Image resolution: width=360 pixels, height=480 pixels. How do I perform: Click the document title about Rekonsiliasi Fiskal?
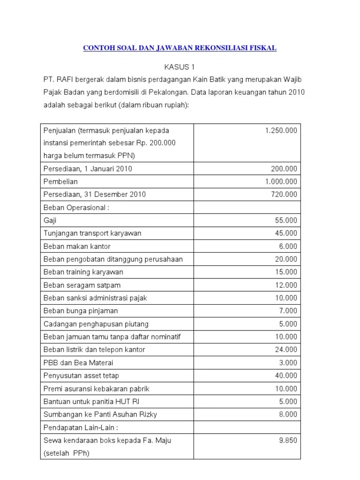180,48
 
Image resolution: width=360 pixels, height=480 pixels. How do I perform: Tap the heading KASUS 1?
180,67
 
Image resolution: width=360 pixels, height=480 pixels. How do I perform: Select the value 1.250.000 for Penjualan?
281,130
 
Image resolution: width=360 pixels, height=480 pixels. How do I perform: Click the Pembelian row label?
60,181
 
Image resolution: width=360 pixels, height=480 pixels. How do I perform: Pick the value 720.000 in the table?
284,195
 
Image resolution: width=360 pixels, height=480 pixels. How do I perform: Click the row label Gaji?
50,220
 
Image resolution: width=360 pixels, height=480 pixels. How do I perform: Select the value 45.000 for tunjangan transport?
286,233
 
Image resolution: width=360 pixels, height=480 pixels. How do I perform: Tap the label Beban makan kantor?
77,246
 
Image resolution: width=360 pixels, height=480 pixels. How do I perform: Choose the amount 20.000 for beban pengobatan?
286,259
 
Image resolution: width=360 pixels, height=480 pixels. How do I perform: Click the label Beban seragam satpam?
82,285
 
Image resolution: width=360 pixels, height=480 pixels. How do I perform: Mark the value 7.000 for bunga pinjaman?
288,311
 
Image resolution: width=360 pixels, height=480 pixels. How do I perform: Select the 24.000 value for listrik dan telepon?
286,350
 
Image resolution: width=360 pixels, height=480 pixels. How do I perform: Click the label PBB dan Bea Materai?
78,362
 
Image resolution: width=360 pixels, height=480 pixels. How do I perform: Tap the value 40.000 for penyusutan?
286,375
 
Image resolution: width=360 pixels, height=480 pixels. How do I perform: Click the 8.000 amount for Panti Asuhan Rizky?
288,414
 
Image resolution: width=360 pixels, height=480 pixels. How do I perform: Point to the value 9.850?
288,440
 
